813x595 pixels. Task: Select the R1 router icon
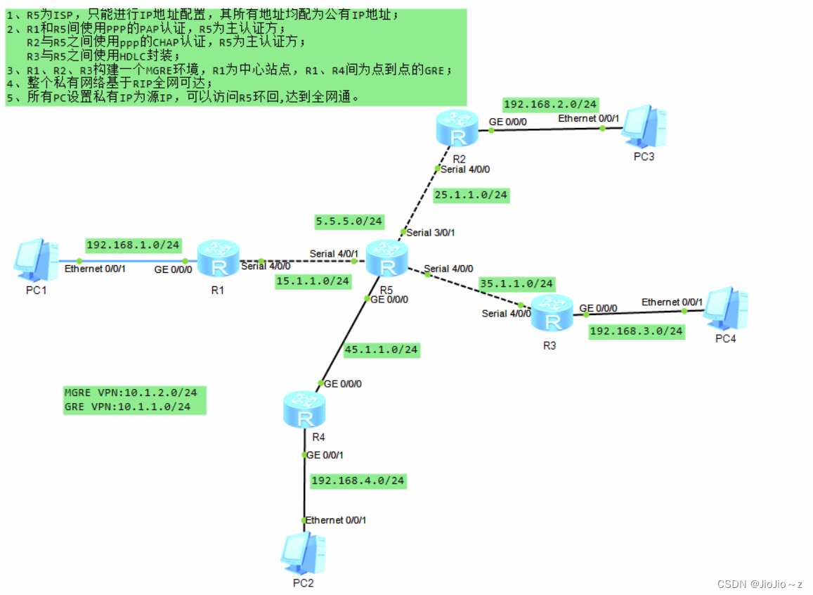click(x=219, y=260)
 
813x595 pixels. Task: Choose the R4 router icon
click(x=305, y=411)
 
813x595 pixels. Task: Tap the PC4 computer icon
click(x=724, y=308)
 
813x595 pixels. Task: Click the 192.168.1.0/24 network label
click(x=134, y=245)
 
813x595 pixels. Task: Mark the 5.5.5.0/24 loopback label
click(x=349, y=221)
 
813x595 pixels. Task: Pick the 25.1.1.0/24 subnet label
click(x=471, y=195)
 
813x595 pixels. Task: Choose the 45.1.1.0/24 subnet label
click(x=382, y=349)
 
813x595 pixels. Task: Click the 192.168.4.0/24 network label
click(x=358, y=480)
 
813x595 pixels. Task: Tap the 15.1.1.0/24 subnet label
click(x=313, y=281)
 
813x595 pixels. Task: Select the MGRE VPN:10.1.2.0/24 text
click(x=131, y=392)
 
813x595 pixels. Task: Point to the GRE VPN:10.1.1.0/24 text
click(x=127, y=407)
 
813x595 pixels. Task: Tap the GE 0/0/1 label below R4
click(x=325, y=455)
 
